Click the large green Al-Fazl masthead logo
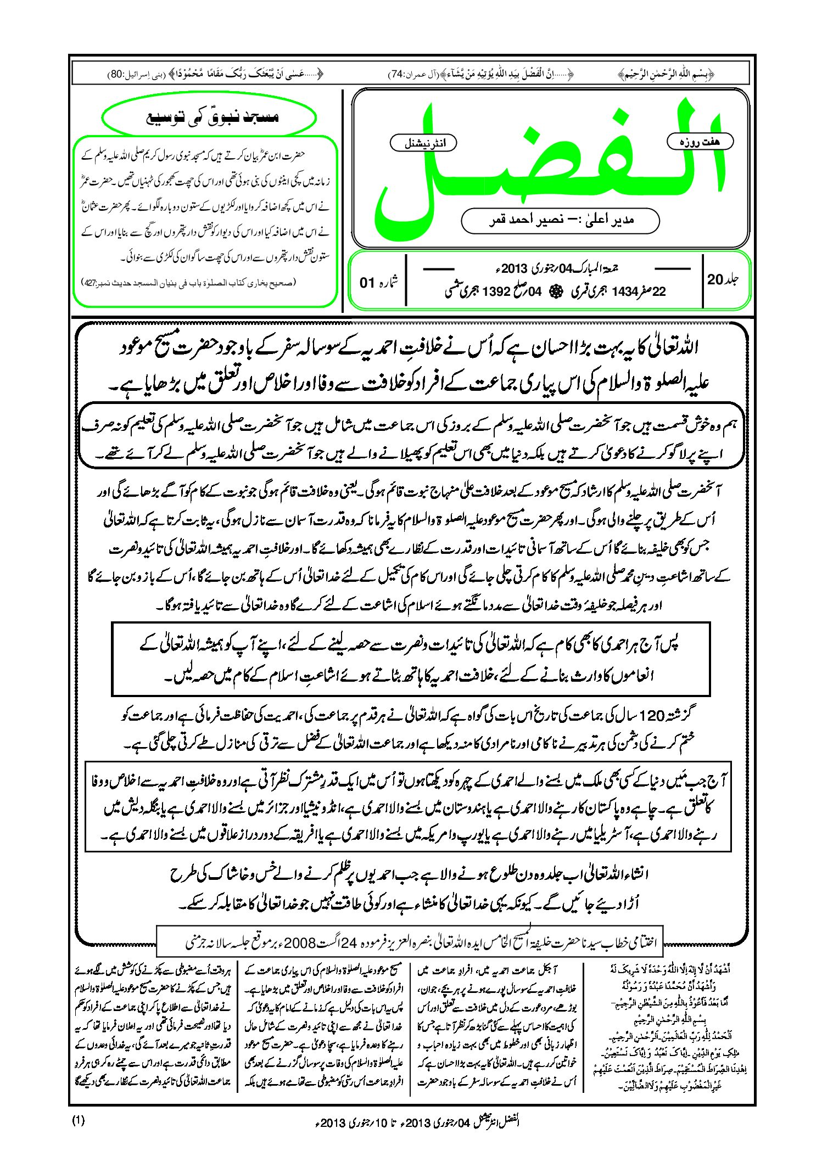549,165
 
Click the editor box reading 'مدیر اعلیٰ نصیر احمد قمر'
560,220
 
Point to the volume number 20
715,279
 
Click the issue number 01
367,283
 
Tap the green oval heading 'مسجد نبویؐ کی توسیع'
210,117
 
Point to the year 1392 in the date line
497,291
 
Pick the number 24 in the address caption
350,943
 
